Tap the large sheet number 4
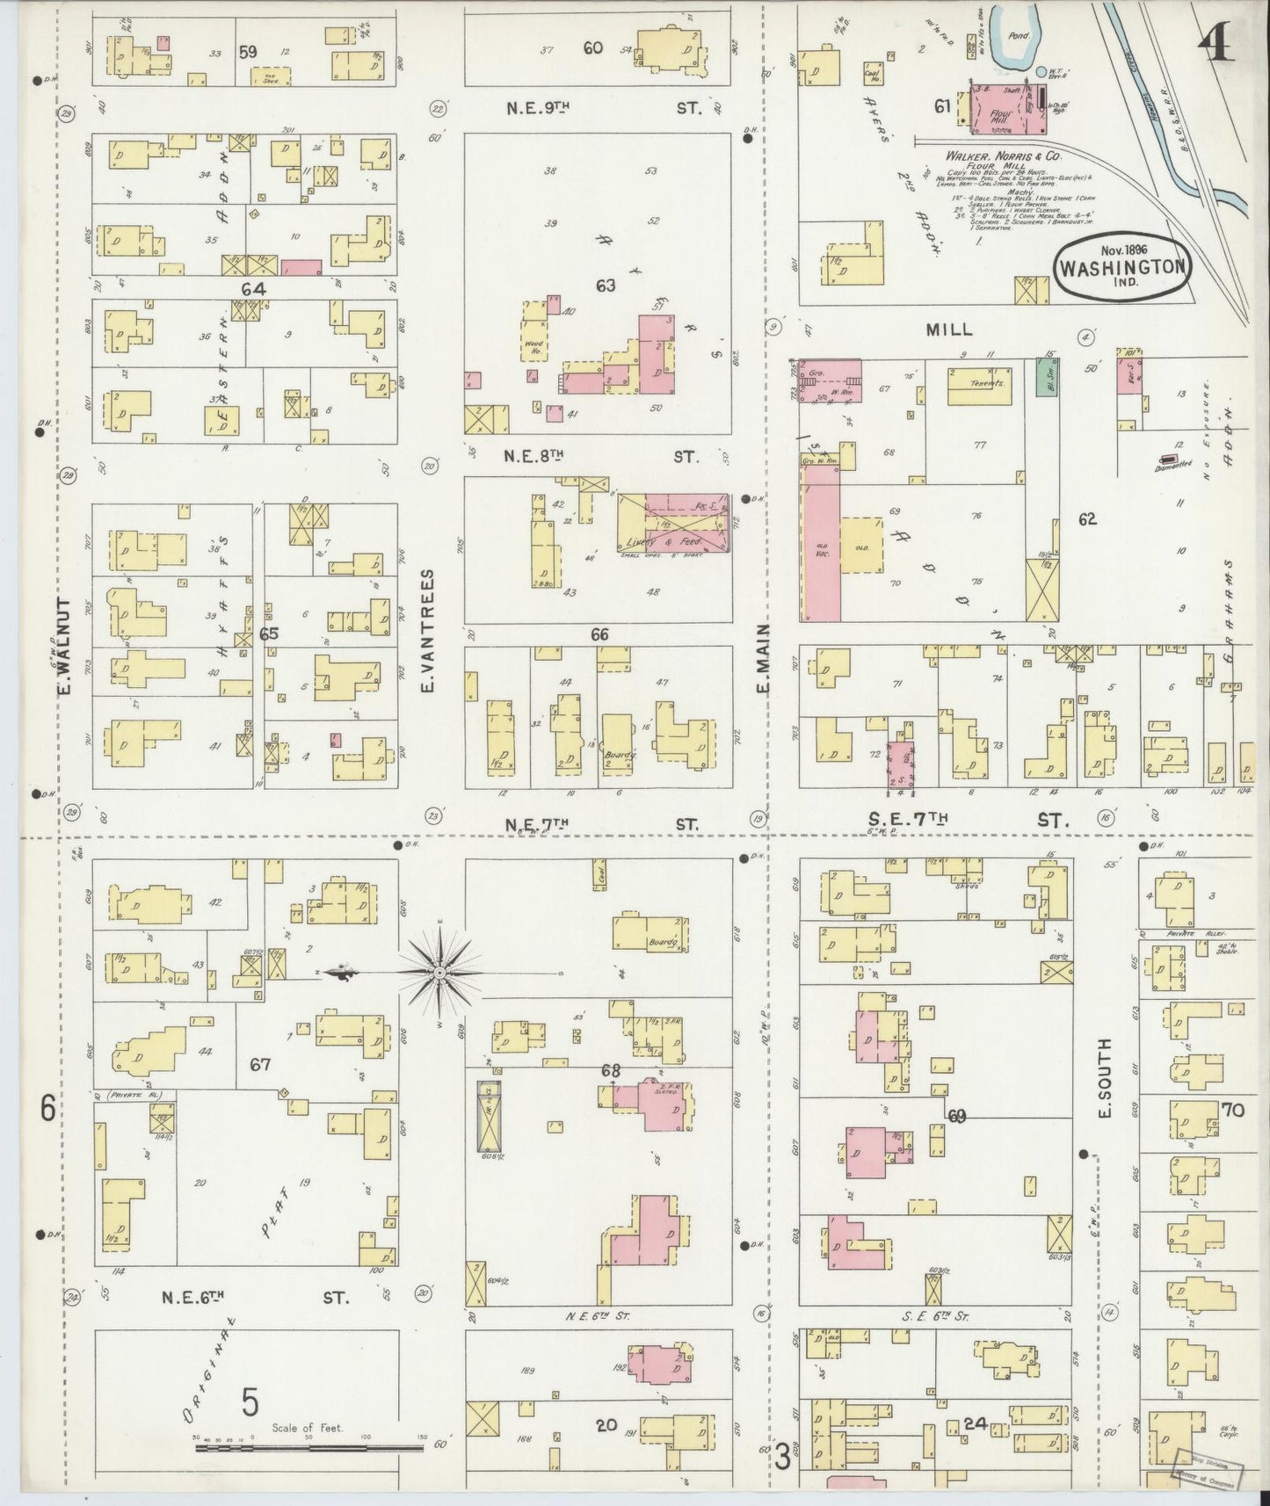(1216, 40)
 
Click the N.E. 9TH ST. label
(602, 108)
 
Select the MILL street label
(949, 329)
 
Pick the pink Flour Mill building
(1007, 111)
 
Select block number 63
(605, 285)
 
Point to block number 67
(259, 1064)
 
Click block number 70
(1231, 1110)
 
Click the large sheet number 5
(250, 1401)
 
